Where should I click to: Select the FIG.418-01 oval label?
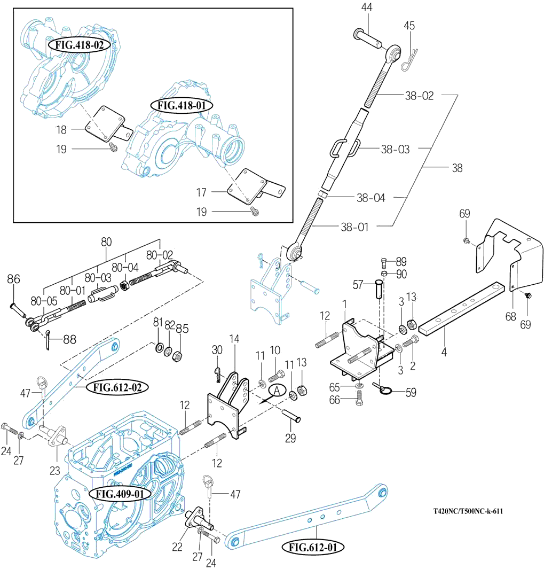point(182,105)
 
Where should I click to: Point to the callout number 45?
point(409,25)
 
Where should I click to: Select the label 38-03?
point(395,150)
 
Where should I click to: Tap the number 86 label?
point(13,279)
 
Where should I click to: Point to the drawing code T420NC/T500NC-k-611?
point(468,511)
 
